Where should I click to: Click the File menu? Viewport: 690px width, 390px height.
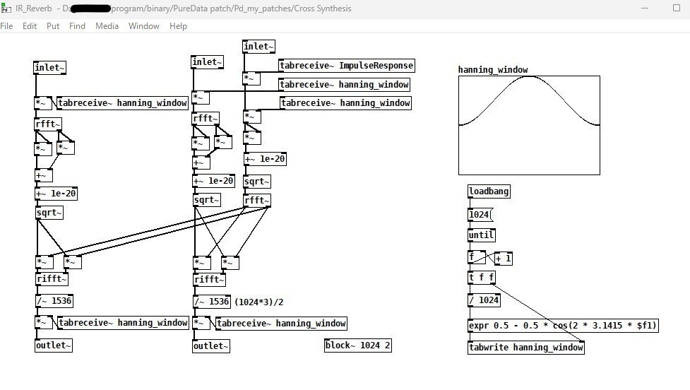tap(7, 26)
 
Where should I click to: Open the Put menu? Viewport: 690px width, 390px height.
tap(53, 26)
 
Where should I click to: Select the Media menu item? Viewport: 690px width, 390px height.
tap(107, 26)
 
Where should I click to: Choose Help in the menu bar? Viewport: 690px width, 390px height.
tap(178, 26)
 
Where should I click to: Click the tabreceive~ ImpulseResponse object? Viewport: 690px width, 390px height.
tap(346, 66)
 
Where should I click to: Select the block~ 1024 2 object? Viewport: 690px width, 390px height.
tap(358, 345)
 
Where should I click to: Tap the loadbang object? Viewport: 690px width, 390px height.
tap(489, 191)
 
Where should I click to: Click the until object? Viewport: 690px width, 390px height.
tap(481, 235)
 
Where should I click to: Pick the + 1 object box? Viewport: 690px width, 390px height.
tap(504, 259)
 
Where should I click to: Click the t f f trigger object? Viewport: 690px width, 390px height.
tap(482, 278)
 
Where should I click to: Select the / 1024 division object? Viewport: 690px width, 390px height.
tap(484, 300)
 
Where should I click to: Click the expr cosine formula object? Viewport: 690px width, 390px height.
tap(563, 326)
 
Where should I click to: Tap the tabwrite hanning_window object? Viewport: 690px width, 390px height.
tap(525, 347)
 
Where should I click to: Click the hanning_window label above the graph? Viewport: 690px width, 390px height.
tap(492, 70)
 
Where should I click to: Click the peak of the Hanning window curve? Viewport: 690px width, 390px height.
tap(529, 78)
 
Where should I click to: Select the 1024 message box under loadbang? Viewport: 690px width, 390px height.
tap(479, 214)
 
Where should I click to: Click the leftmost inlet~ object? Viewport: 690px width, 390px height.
tap(50, 68)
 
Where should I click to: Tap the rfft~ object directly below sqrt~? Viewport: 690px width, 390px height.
tap(256, 201)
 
